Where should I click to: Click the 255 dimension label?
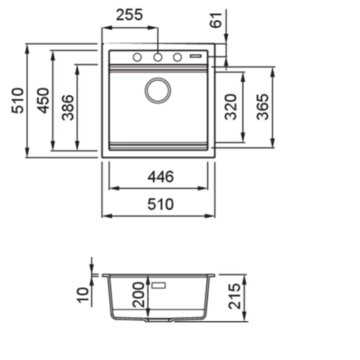130,15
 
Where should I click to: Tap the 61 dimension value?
216,20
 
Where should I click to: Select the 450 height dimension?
43,100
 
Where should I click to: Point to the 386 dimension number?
67,107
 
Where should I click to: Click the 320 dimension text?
230,106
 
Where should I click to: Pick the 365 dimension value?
262,106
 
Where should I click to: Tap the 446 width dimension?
160,177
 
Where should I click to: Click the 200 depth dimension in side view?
138,295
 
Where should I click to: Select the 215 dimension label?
234,295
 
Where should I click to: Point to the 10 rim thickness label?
83,295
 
